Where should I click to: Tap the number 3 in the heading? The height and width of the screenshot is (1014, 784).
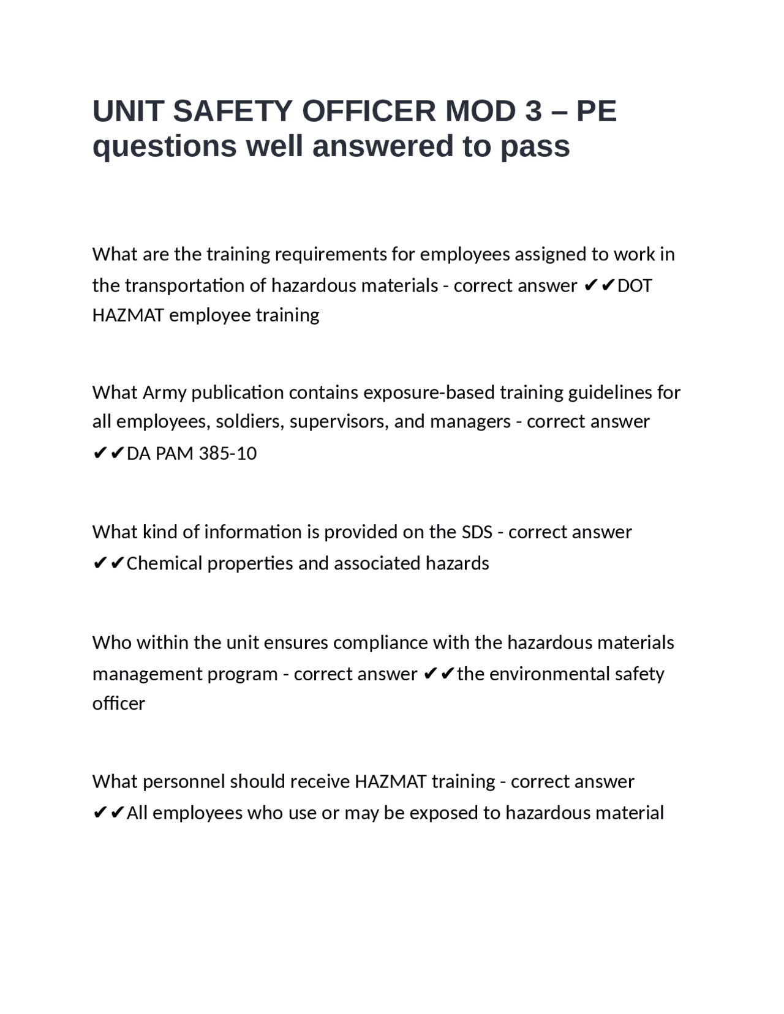point(533,111)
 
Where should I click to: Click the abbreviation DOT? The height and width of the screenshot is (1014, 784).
point(635,286)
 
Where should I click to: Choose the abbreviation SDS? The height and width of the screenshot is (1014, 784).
point(477,532)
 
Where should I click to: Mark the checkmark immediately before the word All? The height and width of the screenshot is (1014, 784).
point(118,813)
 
